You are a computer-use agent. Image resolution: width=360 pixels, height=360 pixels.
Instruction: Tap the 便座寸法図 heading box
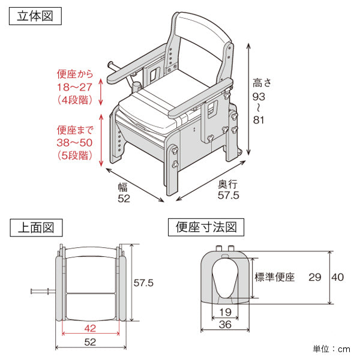[x=206, y=227]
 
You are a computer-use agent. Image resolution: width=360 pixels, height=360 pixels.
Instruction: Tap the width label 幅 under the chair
[x=124, y=187]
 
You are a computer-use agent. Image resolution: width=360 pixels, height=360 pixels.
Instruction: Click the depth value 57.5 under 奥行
[x=228, y=195]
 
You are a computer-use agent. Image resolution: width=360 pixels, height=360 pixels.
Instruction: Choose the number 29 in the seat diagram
[x=314, y=277]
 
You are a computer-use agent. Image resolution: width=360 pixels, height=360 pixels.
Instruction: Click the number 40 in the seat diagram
[x=338, y=277]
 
